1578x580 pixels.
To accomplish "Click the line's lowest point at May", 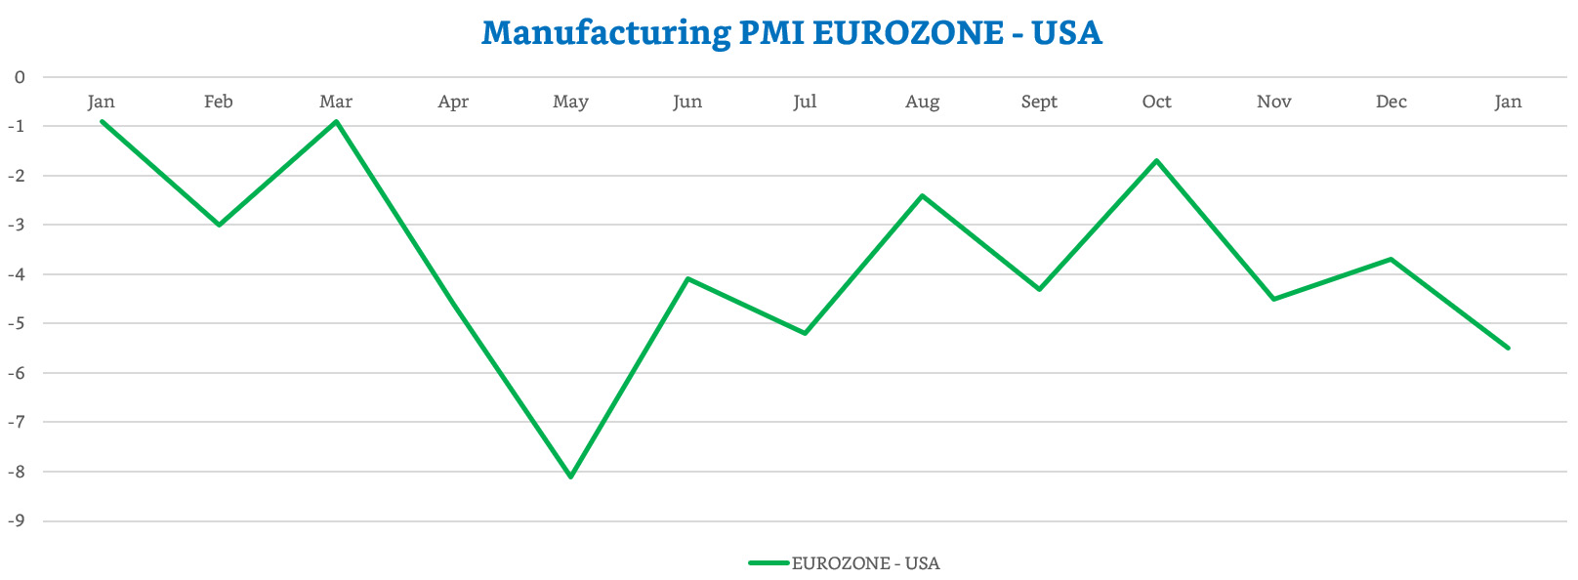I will [571, 476].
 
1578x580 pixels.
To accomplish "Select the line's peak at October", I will [1157, 160].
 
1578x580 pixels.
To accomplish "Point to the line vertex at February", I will [219, 225].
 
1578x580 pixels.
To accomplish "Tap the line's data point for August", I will [922, 195].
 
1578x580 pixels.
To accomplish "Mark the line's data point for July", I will [805, 333].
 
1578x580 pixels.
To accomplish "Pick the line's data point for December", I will [1391, 259].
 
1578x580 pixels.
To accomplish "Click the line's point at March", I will [336, 121].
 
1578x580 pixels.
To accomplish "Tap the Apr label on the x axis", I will [453, 102].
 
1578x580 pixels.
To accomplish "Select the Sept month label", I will [1039, 102].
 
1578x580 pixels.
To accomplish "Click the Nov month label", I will [1273, 102].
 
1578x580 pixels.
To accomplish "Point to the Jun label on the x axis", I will [687, 102].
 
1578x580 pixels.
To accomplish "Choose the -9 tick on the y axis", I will [16, 520].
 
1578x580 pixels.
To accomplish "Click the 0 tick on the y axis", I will [20, 77].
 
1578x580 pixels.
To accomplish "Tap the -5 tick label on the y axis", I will [16, 323].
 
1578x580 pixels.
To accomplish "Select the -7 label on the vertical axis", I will [16, 422].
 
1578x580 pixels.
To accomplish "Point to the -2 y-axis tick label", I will [16, 176].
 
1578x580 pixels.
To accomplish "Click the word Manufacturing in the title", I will [605, 33].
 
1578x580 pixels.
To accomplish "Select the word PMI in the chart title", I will [771, 33].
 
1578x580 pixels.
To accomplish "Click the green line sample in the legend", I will [768, 563].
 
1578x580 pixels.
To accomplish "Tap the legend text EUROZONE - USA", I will [865, 563].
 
